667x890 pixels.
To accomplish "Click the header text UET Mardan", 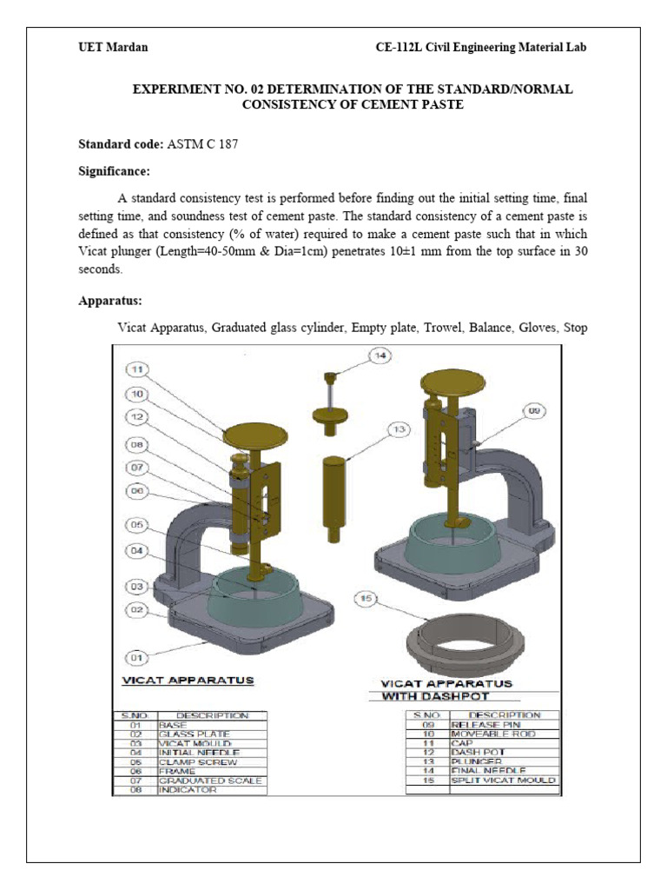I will click(113, 47).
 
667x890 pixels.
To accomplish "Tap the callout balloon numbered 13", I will click(399, 428).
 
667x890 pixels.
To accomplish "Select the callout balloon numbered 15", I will click(366, 598).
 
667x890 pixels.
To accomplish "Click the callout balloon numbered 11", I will click(135, 369).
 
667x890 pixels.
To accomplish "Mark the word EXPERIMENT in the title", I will click(171, 90).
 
